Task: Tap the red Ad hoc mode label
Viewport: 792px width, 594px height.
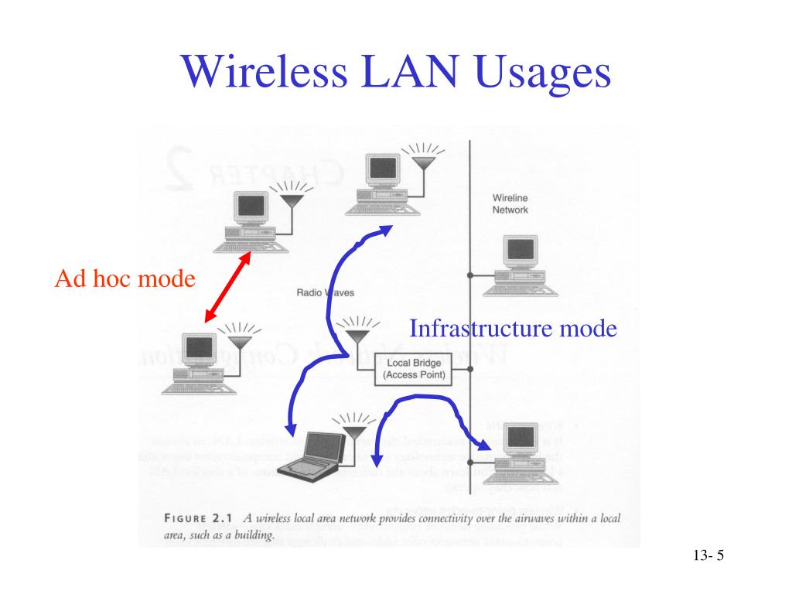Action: tap(125, 278)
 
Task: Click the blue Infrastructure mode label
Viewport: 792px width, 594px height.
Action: tap(513, 329)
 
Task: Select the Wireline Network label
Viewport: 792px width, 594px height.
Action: tap(510, 203)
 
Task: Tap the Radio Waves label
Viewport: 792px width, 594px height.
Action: tap(325, 292)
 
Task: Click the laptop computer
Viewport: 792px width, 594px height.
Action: tap(312, 456)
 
